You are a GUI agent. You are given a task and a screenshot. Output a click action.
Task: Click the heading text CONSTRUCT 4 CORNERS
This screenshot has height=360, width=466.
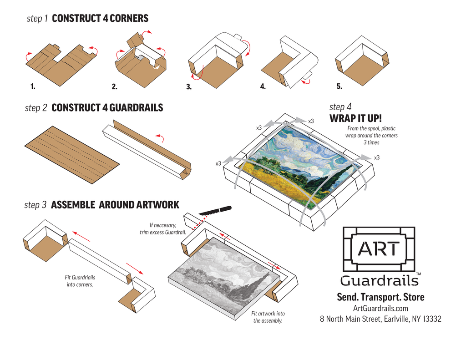click(100, 18)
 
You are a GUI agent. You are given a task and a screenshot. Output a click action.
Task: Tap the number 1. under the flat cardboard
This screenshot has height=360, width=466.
click(33, 86)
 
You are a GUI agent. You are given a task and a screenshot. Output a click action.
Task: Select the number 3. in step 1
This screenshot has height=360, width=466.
click(189, 87)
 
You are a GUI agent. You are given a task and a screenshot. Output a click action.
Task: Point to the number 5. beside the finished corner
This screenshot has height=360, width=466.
click(339, 86)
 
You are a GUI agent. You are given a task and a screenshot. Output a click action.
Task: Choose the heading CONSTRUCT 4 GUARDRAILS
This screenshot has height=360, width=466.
click(107, 107)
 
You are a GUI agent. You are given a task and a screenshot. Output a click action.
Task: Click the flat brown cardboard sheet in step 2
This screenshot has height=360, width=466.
click(72, 155)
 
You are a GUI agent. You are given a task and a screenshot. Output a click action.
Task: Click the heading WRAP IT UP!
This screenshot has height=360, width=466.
click(355, 118)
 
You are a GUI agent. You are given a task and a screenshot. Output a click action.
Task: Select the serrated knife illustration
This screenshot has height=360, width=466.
click(215, 210)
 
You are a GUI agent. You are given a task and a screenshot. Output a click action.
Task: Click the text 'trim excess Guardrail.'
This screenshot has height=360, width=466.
click(163, 233)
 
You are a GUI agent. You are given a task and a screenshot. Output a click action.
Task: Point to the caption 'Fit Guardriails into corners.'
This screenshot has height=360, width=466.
click(80, 281)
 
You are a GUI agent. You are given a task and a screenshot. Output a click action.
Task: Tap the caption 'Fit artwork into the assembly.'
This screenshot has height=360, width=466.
click(268, 317)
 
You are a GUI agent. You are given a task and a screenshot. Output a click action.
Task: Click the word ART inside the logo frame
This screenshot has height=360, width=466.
click(379, 249)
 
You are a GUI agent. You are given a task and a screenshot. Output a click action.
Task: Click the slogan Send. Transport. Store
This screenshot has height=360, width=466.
click(380, 297)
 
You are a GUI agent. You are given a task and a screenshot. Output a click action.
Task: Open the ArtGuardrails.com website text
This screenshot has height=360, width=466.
click(380, 308)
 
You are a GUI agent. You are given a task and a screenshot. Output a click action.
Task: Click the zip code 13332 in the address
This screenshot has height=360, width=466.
click(432, 319)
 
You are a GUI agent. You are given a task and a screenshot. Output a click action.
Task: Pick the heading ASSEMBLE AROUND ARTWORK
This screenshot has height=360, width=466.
click(115, 205)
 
